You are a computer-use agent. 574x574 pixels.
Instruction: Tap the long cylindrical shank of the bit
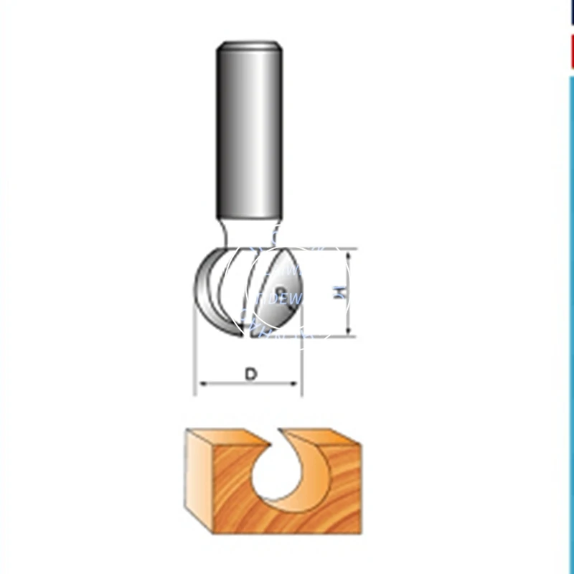249,129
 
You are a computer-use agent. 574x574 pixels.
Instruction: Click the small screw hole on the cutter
281,291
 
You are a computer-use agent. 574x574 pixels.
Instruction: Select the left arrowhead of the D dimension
201,385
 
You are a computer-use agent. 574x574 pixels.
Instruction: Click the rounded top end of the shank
249,46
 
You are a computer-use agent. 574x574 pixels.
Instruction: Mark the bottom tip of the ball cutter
240,336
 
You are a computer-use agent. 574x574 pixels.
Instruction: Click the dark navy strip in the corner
572,13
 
